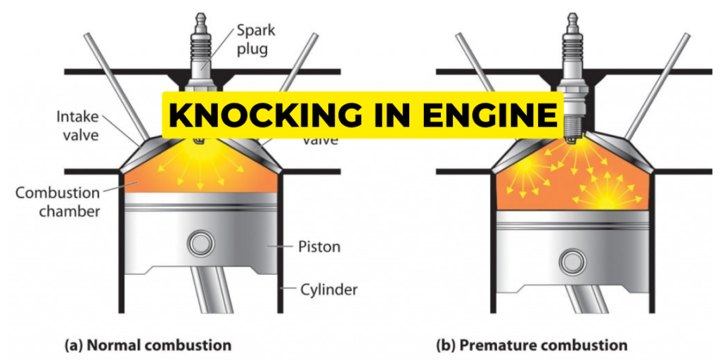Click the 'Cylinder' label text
pyautogui.click(x=328, y=288)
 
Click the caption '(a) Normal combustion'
pyautogui.click(x=148, y=345)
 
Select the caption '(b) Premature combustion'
pyautogui.click(x=532, y=345)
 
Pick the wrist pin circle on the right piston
pyautogui.click(x=572, y=262)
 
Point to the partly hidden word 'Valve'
pyautogui.click(x=320, y=139)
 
